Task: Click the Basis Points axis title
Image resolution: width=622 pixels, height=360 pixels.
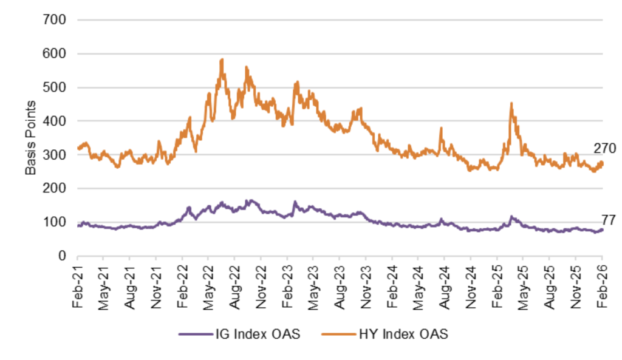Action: pos(31,138)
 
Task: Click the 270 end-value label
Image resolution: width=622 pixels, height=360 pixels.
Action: pos(605,148)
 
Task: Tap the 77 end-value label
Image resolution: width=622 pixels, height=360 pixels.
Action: pos(609,220)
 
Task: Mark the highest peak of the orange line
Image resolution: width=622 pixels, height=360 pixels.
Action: pos(222,59)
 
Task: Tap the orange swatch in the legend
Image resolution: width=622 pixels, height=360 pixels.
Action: pos(343,333)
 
